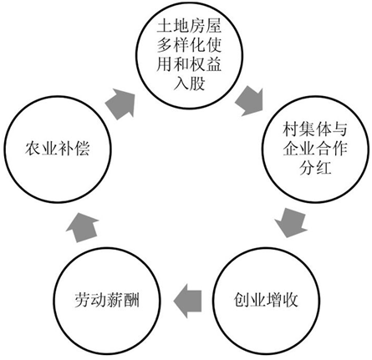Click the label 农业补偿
pyautogui.click(x=58, y=148)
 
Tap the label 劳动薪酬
pyautogui.click(x=107, y=300)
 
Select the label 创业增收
pyautogui.click(x=266, y=300)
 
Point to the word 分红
pyautogui.click(x=315, y=168)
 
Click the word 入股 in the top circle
pyautogui.click(x=189, y=84)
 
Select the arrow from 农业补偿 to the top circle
pyautogui.click(x=120, y=104)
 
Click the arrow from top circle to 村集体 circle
pyautogui.click(x=249, y=101)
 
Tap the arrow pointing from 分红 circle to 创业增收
pyautogui.click(x=291, y=222)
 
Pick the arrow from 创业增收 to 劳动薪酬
pyautogui.click(x=187, y=301)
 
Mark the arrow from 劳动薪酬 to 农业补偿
pyautogui.click(x=83, y=227)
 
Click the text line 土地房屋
pyautogui.click(x=189, y=26)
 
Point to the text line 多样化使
pyautogui.click(x=189, y=45)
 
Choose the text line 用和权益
pyautogui.click(x=189, y=64)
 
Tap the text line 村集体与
pyautogui.click(x=315, y=129)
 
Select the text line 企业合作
pyautogui.click(x=315, y=149)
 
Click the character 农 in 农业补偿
pyautogui.click(x=33, y=148)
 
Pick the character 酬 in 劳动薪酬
pyautogui.click(x=132, y=300)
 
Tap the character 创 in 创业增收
pyautogui.click(x=242, y=300)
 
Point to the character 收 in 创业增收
pyautogui.click(x=291, y=300)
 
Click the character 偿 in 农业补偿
pyautogui.click(x=82, y=148)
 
